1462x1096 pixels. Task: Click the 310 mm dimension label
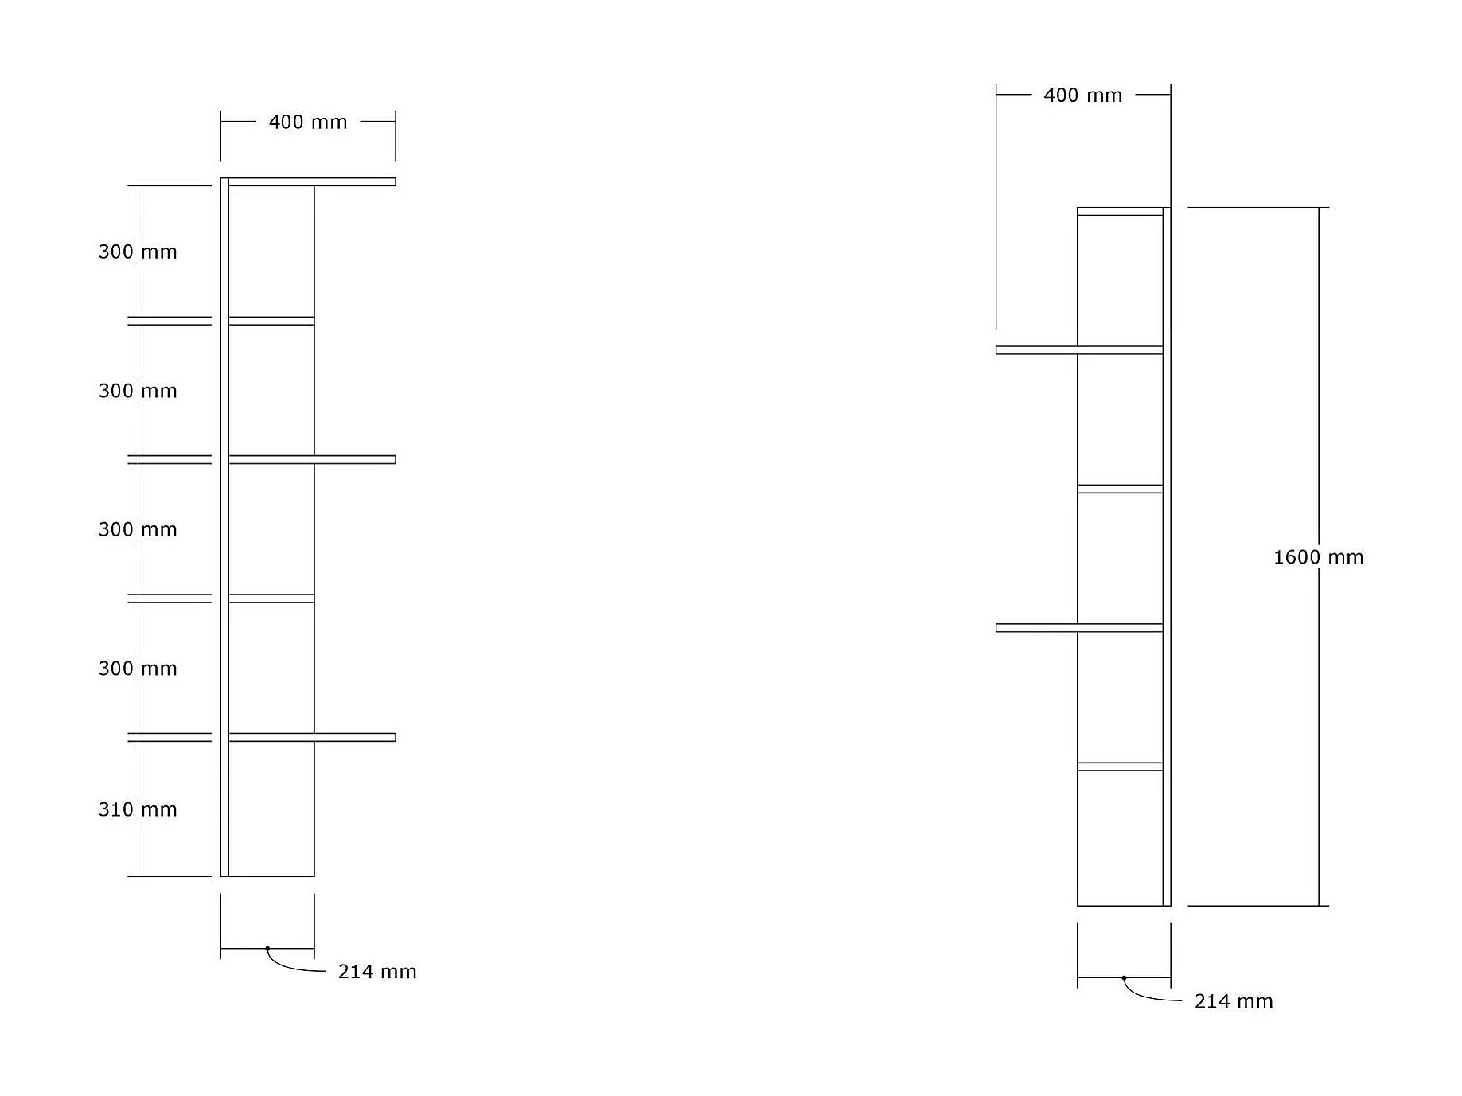tap(138, 809)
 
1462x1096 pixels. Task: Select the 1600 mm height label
tap(1318, 557)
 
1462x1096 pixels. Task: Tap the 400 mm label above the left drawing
tap(308, 122)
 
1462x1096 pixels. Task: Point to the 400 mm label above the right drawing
tap(1082, 96)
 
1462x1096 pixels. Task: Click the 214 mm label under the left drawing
tap(377, 972)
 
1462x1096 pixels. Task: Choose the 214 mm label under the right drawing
tap(1234, 1001)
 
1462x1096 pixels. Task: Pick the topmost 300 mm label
tap(138, 252)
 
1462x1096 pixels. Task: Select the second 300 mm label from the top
tap(138, 391)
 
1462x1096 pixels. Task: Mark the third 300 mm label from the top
tap(138, 529)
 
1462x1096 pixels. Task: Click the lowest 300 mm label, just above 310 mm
tap(138, 669)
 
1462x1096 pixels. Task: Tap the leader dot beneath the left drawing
tap(267, 949)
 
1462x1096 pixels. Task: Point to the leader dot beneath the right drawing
tap(1124, 978)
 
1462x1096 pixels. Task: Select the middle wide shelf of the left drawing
tap(312, 460)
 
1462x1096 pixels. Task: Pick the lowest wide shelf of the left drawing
tap(312, 738)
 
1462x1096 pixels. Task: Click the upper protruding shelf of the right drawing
tap(1078, 350)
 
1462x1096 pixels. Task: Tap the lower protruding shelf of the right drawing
tap(1078, 628)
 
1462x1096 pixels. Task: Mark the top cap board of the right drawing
tap(1120, 212)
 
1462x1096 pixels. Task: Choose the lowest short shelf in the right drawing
tap(1120, 766)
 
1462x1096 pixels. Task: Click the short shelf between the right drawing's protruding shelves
tap(1120, 489)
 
